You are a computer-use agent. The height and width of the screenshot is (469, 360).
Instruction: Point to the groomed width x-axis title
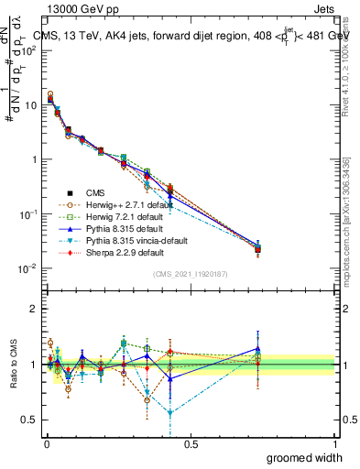tap(305, 457)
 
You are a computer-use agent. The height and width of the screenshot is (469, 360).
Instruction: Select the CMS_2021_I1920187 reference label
tap(190, 275)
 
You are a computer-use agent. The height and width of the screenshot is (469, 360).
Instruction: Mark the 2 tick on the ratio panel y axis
tap(34, 309)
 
